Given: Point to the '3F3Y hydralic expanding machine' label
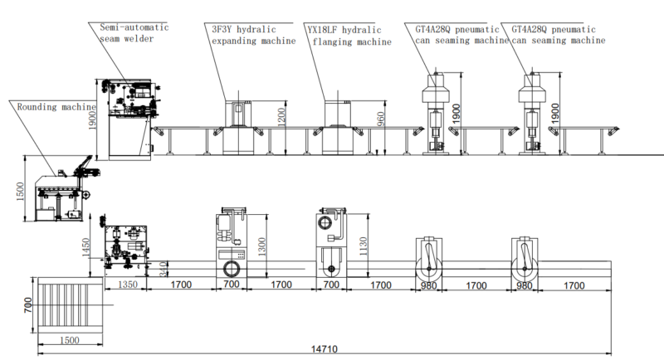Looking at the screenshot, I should click(252, 34).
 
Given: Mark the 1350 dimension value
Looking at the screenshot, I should click(127, 285).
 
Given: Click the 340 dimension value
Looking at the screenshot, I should click(164, 267).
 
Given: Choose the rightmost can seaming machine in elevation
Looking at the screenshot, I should click(529, 114).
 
